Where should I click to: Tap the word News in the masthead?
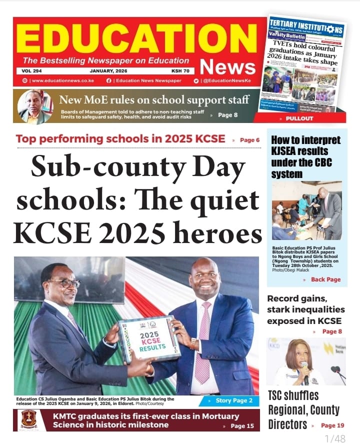[x=227, y=66]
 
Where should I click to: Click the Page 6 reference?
[x=249, y=140]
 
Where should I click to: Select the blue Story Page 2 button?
[x=229, y=400]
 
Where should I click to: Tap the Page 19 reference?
[x=332, y=425]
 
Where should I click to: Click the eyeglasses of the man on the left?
[x=64, y=283]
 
